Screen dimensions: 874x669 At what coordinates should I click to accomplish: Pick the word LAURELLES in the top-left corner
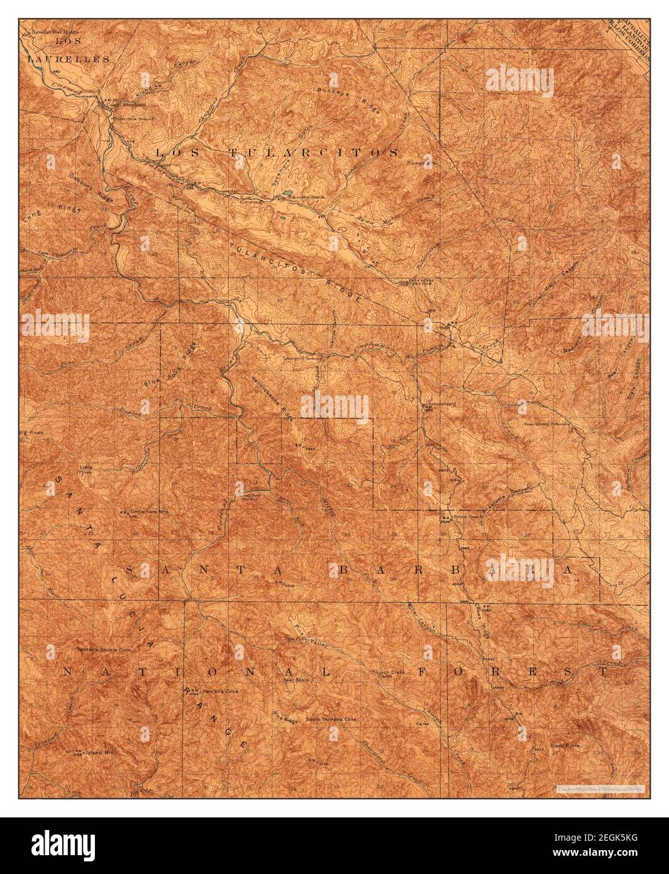(69, 58)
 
